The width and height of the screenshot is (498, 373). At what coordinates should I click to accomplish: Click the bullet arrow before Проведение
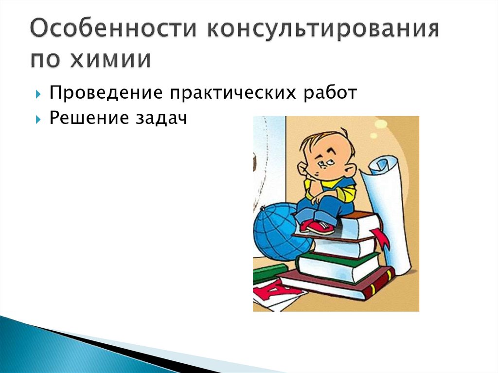pyautogui.click(x=38, y=93)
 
